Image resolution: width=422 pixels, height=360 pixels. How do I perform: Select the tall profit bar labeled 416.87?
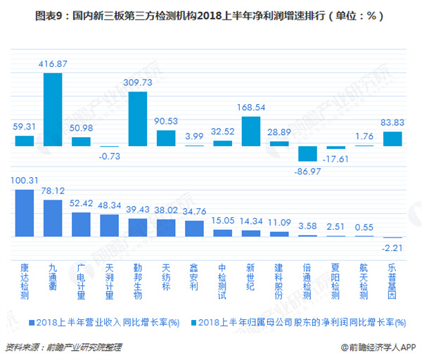pyautogui.click(x=53, y=110)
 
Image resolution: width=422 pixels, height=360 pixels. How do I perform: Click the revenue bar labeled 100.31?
pyautogui.click(x=25, y=214)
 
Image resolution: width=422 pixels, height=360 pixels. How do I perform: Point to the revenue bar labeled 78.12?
pyautogui.click(x=53, y=219)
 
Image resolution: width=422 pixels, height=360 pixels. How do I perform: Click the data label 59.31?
pyautogui.click(x=25, y=127)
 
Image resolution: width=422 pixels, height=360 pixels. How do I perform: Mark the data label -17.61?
pyautogui.click(x=336, y=159)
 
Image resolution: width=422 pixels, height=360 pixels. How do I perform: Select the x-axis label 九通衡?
pyautogui.click(x=53, y=276)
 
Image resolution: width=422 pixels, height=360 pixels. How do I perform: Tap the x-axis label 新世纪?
pyautogui.click(x=251, y=276)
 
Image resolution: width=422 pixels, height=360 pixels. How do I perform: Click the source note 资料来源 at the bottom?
pyautogui.click(x=64, y=347)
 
